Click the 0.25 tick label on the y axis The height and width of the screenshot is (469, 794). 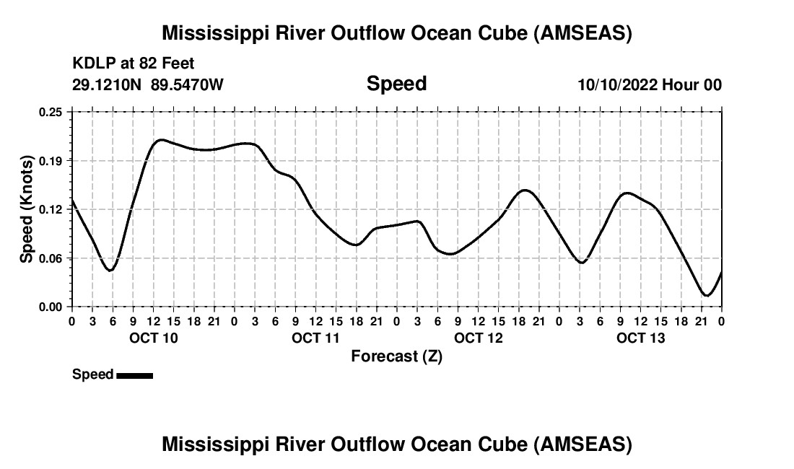point(51,112)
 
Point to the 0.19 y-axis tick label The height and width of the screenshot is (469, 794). point(51,160)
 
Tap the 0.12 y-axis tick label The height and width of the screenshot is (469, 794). point(51,209)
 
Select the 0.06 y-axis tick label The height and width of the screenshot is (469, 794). point(51,258)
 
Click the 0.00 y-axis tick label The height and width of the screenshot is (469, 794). point(51,307)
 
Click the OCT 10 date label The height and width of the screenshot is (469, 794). point(153,338)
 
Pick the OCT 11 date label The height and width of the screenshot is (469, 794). point(315,338)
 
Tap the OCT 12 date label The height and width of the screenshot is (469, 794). point(478,338)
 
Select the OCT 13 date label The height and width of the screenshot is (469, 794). point(640,338)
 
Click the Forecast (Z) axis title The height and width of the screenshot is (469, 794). point(396,356)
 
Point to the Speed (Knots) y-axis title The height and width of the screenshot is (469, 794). point(26,209)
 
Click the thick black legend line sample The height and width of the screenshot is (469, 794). point(134,375)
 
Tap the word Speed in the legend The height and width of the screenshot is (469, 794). point(92,374)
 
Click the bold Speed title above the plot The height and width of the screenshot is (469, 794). point(396,84)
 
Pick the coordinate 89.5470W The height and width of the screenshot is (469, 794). point(187,84)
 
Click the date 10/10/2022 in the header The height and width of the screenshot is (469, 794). point(617,84)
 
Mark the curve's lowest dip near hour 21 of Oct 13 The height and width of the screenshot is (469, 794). point(707,295)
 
